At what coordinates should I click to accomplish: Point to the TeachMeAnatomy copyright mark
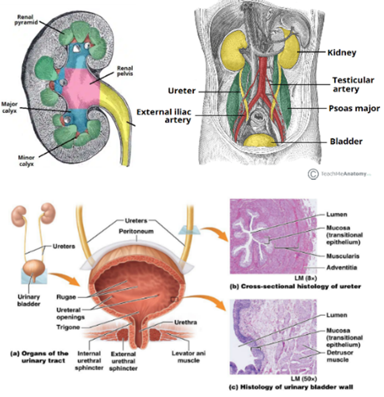point(314,174)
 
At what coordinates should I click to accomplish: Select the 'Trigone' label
point(66,327)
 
